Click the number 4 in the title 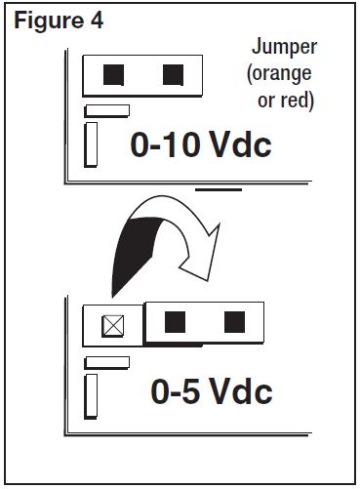click(96, 20)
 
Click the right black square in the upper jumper click(173, 72)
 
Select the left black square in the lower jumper click(175, 321)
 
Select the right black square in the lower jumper click(233, 321)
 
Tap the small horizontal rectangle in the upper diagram click(106, 109)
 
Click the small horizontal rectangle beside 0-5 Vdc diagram click(106, 362)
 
